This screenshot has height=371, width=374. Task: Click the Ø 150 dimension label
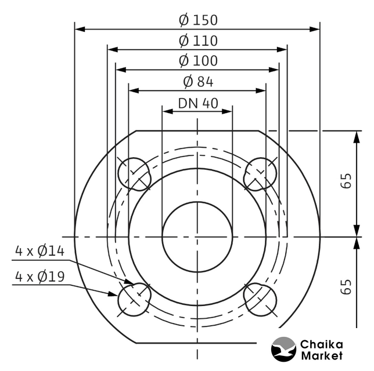[x=198, y=20]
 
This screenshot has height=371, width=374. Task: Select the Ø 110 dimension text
[x=198, y=41]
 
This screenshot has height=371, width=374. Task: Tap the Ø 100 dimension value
[x=198, y=61]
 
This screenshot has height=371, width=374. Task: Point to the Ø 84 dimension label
[x=198, y=81]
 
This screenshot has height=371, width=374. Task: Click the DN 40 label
[x=198, y=103]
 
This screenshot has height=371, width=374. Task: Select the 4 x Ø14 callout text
[x=40, y=251]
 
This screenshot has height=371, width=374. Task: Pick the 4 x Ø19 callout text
[x=40, y=277]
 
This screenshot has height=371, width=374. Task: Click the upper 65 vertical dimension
[x=346, y=181]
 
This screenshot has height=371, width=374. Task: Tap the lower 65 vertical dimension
[x=346, y=287]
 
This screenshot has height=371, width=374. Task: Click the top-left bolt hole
[x=135, y=174]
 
